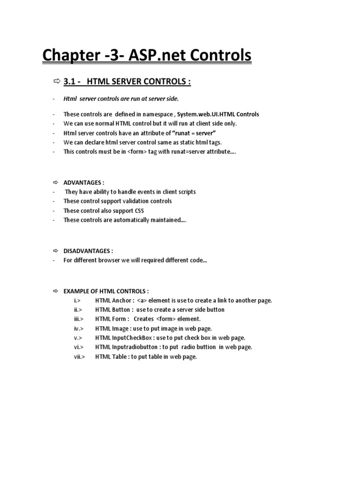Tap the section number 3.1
[x=70, y=82]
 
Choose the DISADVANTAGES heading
[x=88, y=251]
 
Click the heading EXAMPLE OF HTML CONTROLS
[x=106, y=291]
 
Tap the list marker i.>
[x=77, y=300]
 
